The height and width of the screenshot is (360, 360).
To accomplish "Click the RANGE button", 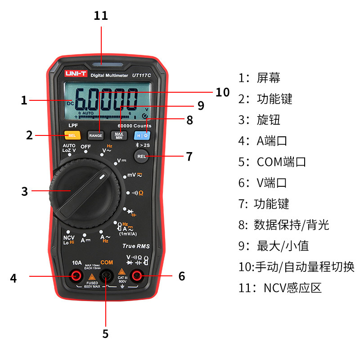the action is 95,135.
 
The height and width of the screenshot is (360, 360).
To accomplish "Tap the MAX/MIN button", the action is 119,135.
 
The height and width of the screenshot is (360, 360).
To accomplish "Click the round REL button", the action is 142,156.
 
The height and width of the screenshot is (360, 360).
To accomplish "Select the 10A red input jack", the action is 77,275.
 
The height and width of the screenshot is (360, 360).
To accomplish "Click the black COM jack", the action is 107,275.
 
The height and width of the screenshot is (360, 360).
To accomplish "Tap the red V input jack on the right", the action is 136,275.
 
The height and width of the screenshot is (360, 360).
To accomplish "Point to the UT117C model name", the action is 141,75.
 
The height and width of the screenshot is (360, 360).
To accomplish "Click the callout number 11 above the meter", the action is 101,16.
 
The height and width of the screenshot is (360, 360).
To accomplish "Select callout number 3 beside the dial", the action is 24,191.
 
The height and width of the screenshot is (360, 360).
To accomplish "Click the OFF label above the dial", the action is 85,147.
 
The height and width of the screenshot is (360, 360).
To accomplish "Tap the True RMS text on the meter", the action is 136,246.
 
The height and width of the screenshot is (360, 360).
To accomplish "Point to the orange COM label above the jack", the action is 107,262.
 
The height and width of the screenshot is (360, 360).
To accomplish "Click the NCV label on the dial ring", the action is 68,237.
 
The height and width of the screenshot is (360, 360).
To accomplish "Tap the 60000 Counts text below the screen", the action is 135,126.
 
